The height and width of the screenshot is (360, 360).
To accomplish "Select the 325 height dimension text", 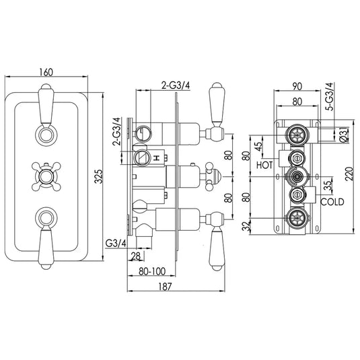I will tap(98, 177).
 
